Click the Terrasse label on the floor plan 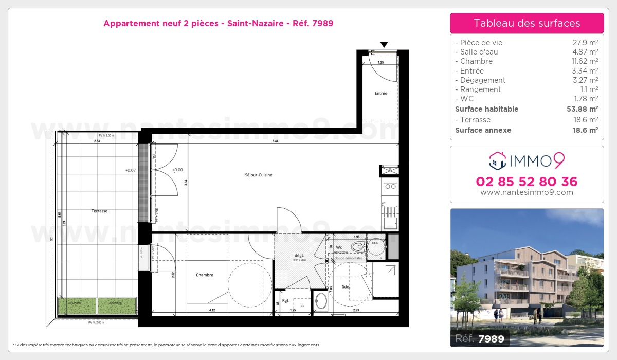100,211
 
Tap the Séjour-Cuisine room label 259,175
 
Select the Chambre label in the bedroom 204,275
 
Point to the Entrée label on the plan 380,93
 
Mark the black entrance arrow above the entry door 384,45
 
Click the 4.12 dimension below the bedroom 212,310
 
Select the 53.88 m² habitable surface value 582,109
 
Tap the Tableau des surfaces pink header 527,23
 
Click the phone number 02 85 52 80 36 527,182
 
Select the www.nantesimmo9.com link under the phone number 527,192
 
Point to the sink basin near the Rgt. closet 321,301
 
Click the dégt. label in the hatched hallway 299,255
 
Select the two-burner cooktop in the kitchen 389,186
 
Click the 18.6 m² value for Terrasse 586,120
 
